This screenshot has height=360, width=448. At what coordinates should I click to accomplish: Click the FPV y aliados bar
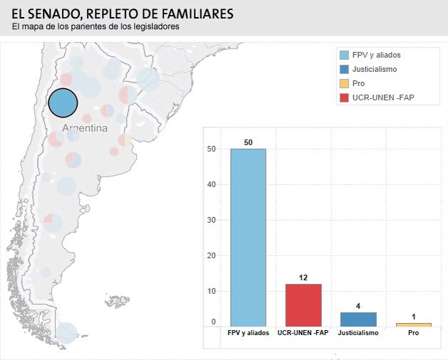[248, 238]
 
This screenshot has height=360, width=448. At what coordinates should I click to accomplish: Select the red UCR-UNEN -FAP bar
[303, 305]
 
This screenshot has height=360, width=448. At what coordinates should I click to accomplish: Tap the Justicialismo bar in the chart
[358, 319]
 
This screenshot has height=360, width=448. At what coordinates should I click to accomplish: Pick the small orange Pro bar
[414, 325]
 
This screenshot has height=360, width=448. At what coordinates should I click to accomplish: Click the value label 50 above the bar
[248, 143]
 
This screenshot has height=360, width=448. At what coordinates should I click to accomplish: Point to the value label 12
[303, 277]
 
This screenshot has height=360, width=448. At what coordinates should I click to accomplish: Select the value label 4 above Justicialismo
[358, 306]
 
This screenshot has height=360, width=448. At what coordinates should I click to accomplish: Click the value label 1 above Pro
[414, 317]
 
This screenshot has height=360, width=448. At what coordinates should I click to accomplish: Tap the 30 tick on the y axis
[212, 220]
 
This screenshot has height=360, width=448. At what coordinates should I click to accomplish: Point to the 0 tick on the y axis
[213, 322]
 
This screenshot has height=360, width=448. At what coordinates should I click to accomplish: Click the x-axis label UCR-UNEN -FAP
[303, 333]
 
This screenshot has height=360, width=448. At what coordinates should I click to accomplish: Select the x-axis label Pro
[414, 333]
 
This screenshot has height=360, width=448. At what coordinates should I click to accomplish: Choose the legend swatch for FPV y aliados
[345, 55]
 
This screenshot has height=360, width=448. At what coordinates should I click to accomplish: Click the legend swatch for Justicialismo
[345, 69]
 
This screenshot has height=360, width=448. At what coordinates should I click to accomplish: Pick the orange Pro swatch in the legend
[345, 83]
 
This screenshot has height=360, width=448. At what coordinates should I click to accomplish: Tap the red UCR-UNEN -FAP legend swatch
[345, 97]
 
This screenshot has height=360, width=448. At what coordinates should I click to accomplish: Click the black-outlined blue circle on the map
[63, 103]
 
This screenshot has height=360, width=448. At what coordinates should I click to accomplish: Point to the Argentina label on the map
[84, 129]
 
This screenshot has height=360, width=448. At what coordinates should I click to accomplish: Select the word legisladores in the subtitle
[155, 27]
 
